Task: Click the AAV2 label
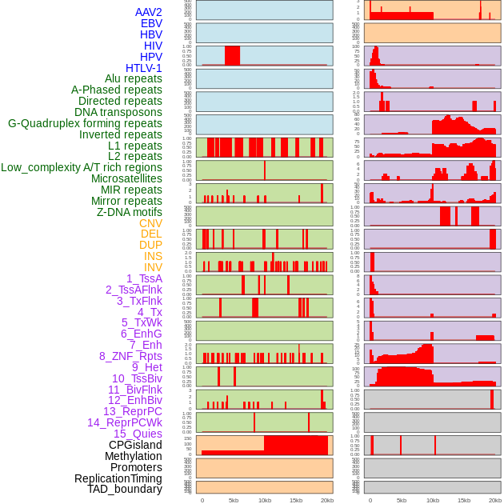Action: [x=149, y=12]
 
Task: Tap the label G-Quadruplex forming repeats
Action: [x=85, y=123]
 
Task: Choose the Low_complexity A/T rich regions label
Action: [x=82, y=167]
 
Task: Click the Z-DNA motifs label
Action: [x=130, y=212]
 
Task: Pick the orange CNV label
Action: [x=150, y=223]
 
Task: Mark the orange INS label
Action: [x=153, y=256]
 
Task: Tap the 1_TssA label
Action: [x=144, y=278]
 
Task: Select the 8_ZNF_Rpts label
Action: [x=130, y=356]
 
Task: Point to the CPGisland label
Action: [x=135, y=445]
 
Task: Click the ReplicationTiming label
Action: [x=118, y=478]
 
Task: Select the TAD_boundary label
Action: [x=125, y=489]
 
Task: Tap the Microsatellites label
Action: [x=126, y=178]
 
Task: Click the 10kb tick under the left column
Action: [x=264, y=500]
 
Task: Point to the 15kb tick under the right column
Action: [x=463, y=500]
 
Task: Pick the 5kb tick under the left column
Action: [x=234, y=500]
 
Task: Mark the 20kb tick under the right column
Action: [x=494, y=500]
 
